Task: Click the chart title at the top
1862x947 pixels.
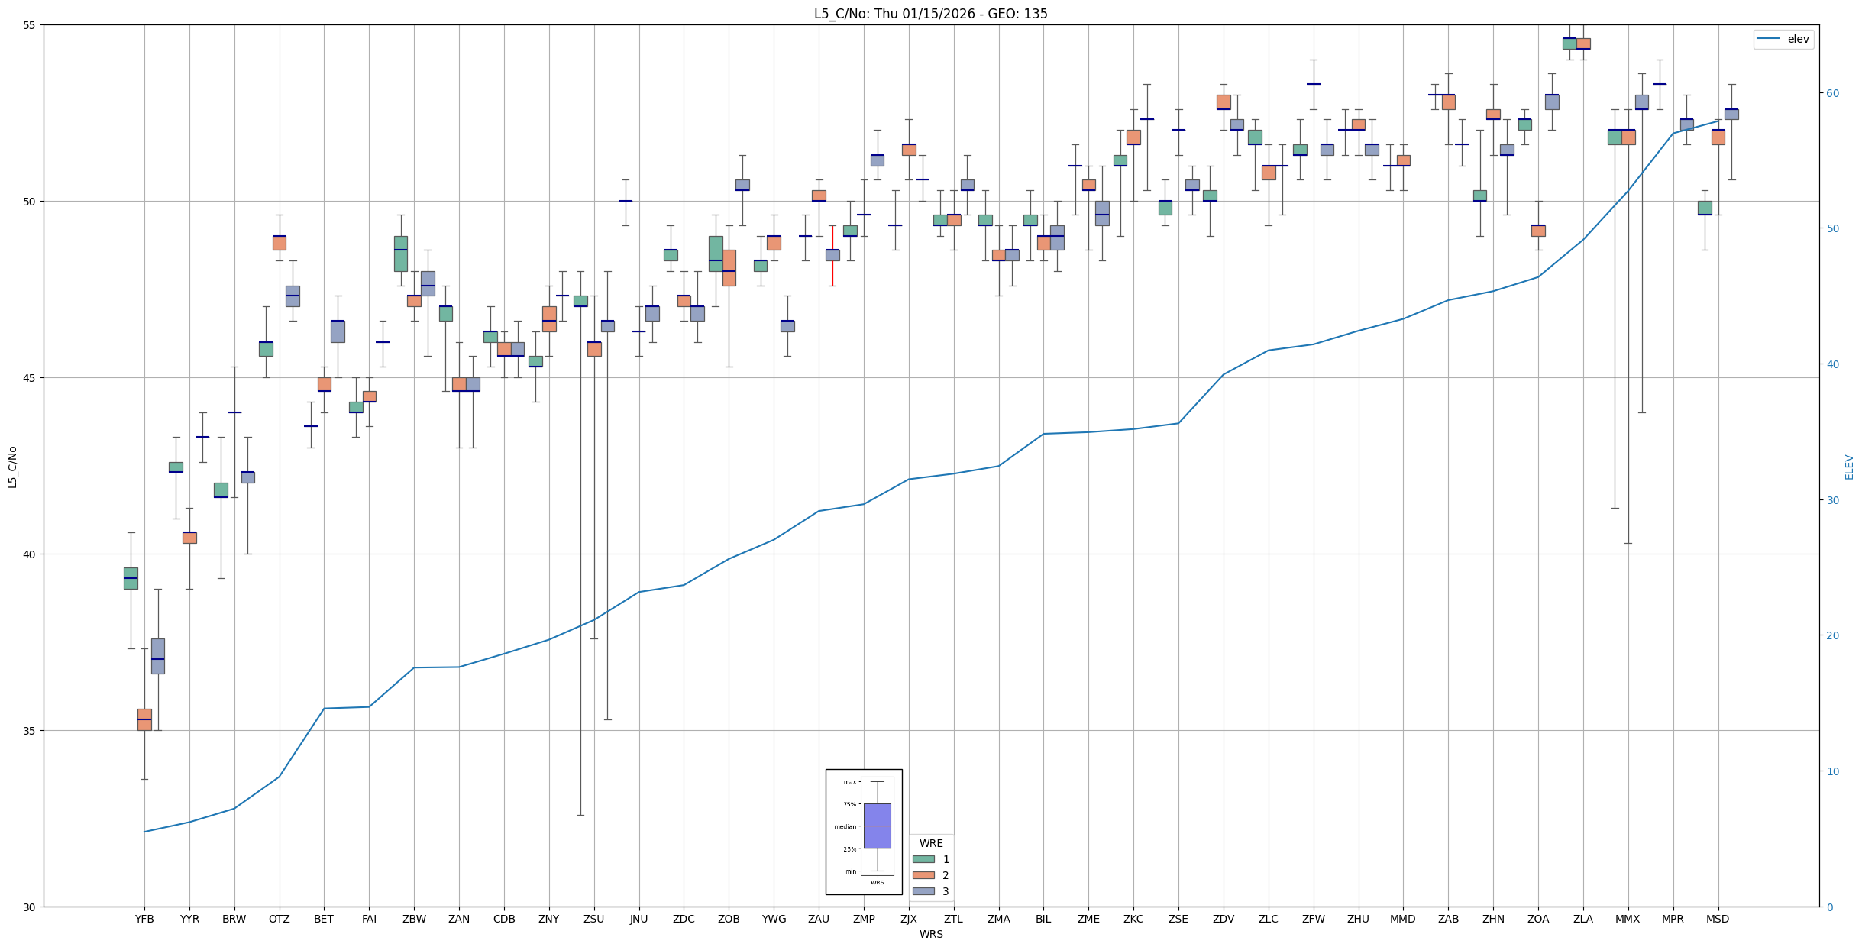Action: click(930, 14)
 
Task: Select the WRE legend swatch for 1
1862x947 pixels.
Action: click(923, 859)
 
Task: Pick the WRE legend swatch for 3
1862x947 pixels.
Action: click(923, 891)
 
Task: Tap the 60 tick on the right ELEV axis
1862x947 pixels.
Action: click(1831, 93)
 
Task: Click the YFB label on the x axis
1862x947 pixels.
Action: click(144, 919)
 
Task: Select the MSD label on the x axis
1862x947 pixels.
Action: click(1718, 919)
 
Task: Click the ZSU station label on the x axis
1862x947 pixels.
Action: click(593, 919)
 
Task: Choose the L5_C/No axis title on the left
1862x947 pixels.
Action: click(12, 467)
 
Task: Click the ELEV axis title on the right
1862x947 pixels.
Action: click(1849, 467)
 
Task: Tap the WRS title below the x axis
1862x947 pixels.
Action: click(930, 934)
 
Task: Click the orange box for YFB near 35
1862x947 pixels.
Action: click(144, 719)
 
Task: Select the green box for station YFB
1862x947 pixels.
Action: click(131, 578)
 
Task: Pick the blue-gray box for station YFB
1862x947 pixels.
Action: click(157, 656)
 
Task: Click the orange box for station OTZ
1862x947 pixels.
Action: click(280, 243)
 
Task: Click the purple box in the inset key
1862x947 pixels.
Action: click(877, 826)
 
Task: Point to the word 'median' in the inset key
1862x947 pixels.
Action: click(845, 826)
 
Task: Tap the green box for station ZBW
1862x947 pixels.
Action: click(400, 254)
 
